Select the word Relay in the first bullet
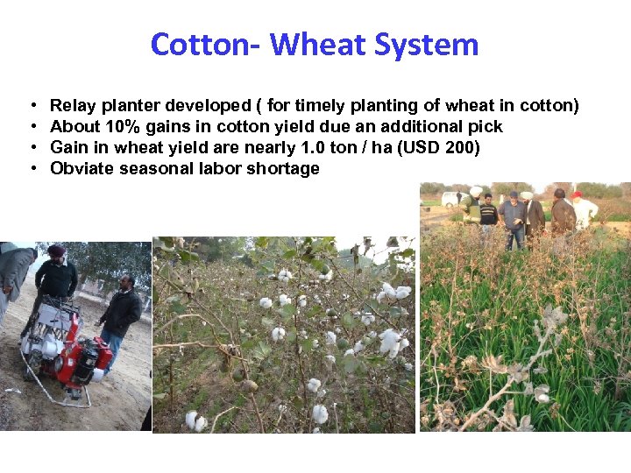coord(71,106)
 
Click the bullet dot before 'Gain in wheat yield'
coord(32,147)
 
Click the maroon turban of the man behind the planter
coord(57,251)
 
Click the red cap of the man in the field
coord(576,194)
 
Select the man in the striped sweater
coord(488,215)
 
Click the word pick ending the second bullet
coord(486,127)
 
